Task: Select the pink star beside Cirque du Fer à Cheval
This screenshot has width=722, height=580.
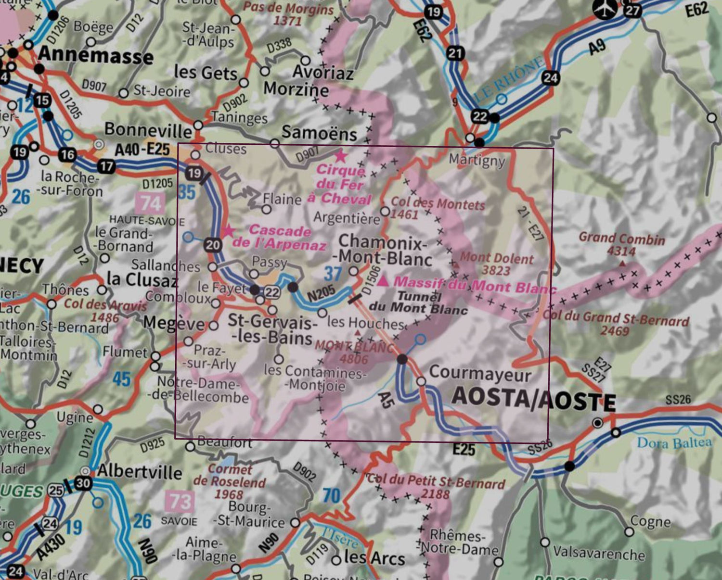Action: (340, 155)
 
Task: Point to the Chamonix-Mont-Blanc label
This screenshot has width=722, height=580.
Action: (383, 250)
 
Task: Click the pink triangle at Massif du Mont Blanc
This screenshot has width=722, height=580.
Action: (383, 281)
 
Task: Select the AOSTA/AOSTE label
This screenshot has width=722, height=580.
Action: (533, 399)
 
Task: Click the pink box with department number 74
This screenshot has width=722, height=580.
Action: (150, 203)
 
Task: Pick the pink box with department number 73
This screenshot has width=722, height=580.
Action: (180, 502)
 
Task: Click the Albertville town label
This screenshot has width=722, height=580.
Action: (140, 471)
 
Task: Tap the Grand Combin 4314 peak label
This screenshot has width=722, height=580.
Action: (621, 244)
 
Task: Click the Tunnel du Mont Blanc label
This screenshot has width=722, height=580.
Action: (418, 303)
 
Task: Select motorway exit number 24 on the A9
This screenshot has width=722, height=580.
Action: (550, 77)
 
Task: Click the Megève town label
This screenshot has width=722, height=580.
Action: (174, 323)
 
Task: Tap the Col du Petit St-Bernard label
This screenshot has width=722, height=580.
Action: (436, 486)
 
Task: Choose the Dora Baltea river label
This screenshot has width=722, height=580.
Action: (674, 442)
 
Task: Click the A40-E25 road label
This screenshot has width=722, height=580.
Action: (142, 150)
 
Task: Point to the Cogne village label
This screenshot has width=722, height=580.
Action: (650, 522)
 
